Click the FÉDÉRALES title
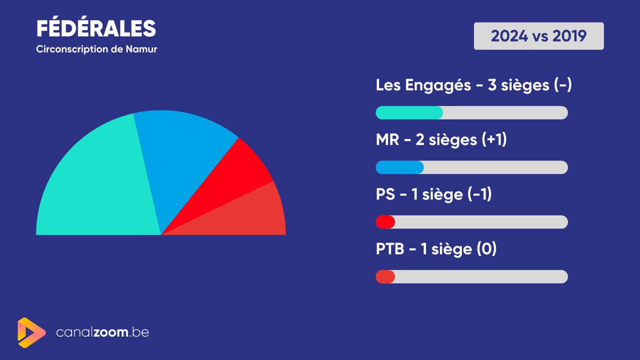click(x=96, y=28)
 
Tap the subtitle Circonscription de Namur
click(x=96, y=49)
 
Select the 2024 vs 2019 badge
click(x=539, y=36)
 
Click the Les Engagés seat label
click(x=473, y=85)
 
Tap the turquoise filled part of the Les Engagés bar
click(x=409, y=112)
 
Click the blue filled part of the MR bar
click(x=399, y=167)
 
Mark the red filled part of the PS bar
click(x=385, y=222)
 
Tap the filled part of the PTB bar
click(x=385, y=276)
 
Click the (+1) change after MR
click(x=494, y=140)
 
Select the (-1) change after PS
click(x=479, y=194)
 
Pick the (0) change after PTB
click(x=486, y=249)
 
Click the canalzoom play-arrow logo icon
click(x=31, y=332)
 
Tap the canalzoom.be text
click(x=102, y=332)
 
